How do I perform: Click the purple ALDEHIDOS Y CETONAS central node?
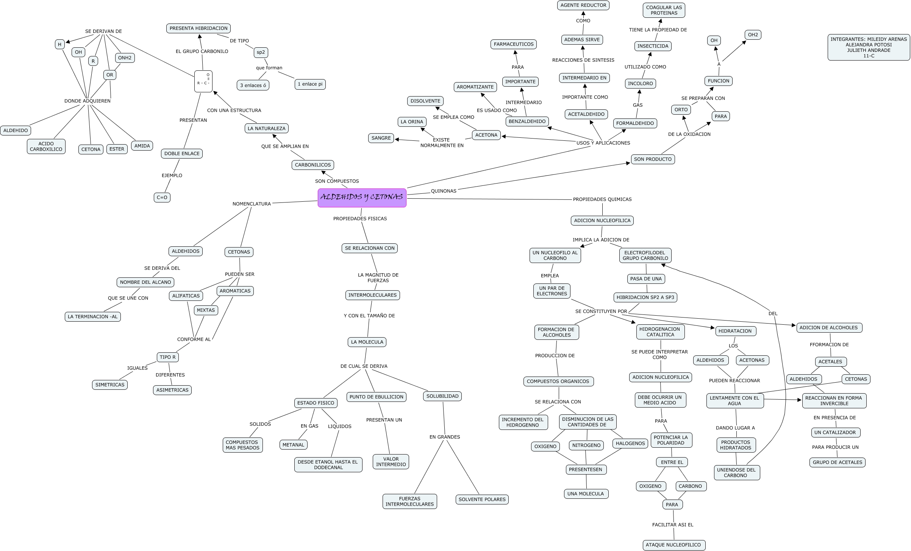coord(362,198)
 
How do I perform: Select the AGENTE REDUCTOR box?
coord(583,5)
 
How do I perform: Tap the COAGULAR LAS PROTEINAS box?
coord(664,10)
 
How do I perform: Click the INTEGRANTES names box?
coord(869,47)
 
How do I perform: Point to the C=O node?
coord(162,197)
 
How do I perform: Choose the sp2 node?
coord(261,52)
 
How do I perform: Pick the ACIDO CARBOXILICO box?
coord(46,146)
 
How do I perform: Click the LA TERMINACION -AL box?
coord(93,317)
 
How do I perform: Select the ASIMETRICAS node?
coord(172,390)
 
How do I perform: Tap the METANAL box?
coord(293,445)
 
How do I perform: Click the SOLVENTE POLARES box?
coord(482,500)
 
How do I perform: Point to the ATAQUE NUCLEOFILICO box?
coord(673,545)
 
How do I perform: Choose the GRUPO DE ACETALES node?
coord(837,462)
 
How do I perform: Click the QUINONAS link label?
coord(444,191)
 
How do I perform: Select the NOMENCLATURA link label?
coord(252,204)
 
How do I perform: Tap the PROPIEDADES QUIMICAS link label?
coord(602,199)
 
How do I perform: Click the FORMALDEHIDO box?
coord(635,123)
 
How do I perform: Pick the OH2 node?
coord(753,35)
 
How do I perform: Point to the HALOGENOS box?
coord(630,444)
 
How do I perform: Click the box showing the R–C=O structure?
coord(203,81)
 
